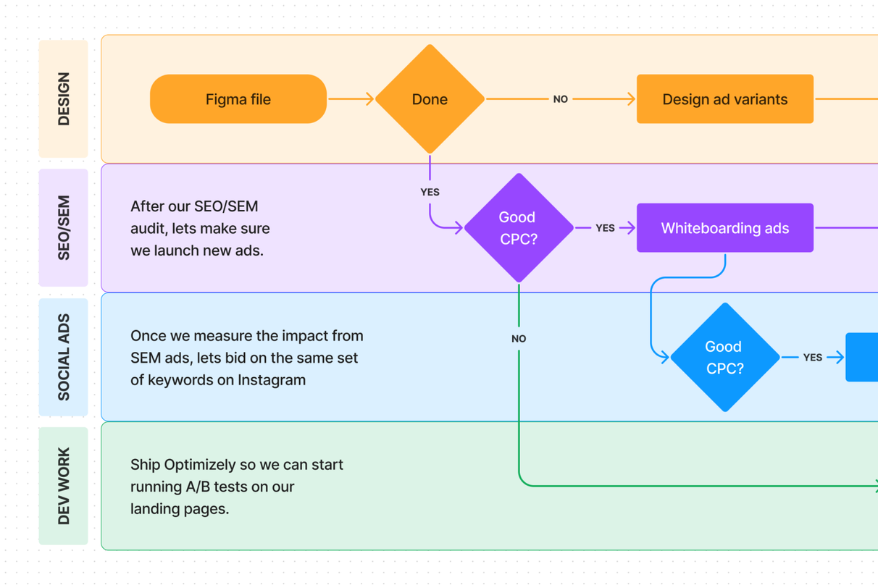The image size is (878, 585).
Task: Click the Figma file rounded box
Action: tap(238, 99)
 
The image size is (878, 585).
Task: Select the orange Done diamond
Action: tap(430, 99)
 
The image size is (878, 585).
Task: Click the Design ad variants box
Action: tap(724, 99)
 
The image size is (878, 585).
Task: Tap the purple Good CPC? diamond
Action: tap(519, 228)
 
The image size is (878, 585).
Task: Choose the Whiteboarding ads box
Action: tap(724, 228)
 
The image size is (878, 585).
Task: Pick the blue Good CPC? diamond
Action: tap(724, 357)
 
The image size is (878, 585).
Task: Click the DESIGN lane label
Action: tap(64, 99)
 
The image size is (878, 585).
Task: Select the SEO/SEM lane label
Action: tap(64, 228)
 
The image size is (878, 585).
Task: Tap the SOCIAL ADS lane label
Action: tap(64, 357)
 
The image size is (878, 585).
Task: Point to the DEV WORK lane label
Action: tap(64, 486)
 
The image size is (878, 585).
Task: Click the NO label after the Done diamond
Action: tap(560, 99)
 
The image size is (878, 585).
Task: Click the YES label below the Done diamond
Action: tap(430, 192)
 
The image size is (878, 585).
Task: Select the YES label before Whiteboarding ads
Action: tap(605, 228)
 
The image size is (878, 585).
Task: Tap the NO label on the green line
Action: tap(519, 339)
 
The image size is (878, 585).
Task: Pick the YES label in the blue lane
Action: tap(812, 357)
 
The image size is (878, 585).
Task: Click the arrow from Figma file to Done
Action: tap(351, 99)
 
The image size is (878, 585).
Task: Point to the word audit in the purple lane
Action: tap(149, 229)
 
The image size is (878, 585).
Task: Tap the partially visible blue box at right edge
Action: tap(862, 357)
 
